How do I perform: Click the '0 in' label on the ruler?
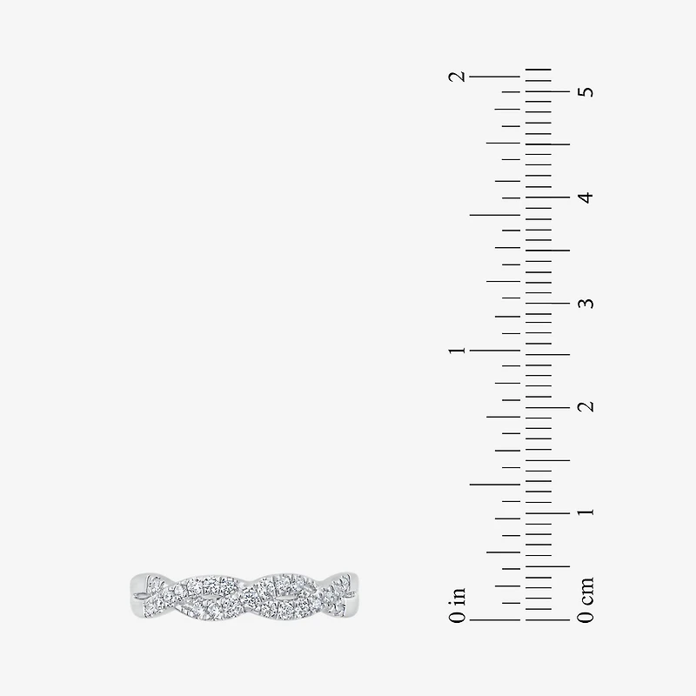click(458, 605)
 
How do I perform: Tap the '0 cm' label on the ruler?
click(586, 599)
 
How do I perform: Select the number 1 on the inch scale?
click(458, 351)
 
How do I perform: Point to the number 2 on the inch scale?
click(458, 77)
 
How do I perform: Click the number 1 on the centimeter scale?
click(586, 512)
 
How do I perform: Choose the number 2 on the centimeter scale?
click(586, 406)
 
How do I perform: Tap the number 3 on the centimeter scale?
click(586, 303)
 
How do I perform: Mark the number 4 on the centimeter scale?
click(586, 197)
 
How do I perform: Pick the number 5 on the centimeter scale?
click(586, 91)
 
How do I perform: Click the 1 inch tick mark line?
click(495, 351)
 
